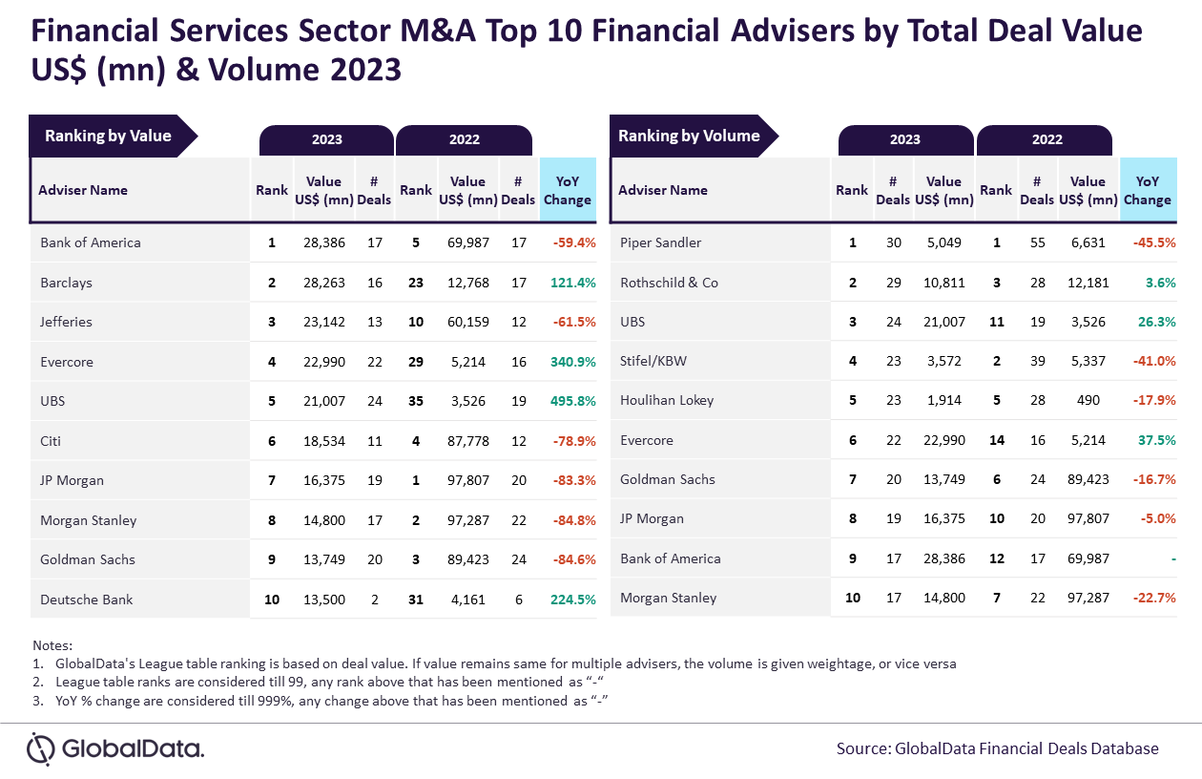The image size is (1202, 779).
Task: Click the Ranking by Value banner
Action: (x=108, y=137)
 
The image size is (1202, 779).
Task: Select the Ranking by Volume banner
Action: (x=689, y=137)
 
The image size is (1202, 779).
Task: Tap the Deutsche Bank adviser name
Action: (x=87, y=600)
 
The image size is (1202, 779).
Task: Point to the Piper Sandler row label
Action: (x=660, y=242)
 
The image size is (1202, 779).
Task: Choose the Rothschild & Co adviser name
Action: (x=669, y=283)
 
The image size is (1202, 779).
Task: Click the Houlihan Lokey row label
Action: (x=666, y=401)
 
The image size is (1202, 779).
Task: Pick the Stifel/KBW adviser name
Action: (x=653, y=362)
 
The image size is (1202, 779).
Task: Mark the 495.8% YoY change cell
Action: (x=573, y=402)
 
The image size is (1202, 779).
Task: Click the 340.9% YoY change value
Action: (x=573, y=362)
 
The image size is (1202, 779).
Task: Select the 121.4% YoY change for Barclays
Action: (x=573, y=283)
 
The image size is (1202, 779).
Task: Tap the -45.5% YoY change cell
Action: (x=1154, y=242)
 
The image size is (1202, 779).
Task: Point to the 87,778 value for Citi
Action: (x=467, y=441)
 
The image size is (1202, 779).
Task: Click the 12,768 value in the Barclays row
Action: (x=467, y=283)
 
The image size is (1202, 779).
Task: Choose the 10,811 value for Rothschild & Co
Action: (x=944, y=283)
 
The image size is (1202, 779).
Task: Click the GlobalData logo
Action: (x=115, y=748)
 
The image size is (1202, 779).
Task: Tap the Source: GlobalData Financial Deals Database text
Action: (x=997, y=748)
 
